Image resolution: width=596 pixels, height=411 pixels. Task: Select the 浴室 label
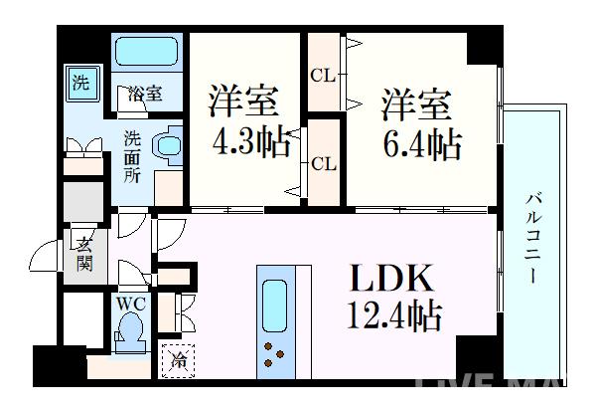click(145, 95)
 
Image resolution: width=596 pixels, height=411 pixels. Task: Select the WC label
click(129, 304)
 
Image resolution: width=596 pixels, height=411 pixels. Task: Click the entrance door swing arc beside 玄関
click(48, 258)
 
